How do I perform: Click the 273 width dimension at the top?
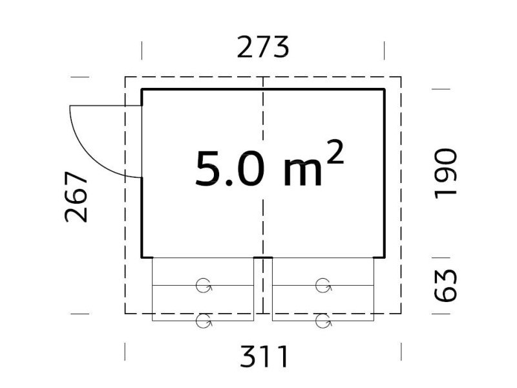tap(263, 47)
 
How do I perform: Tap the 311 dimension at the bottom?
tap(264, 356)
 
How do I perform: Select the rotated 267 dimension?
tap(76, 197)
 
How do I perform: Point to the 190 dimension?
tap(445, 174)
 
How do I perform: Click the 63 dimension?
tap(445, 285)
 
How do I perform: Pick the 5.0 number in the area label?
tap(230, 169)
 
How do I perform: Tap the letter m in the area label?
tap(302, 173)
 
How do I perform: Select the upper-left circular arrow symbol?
tap(204, 286)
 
